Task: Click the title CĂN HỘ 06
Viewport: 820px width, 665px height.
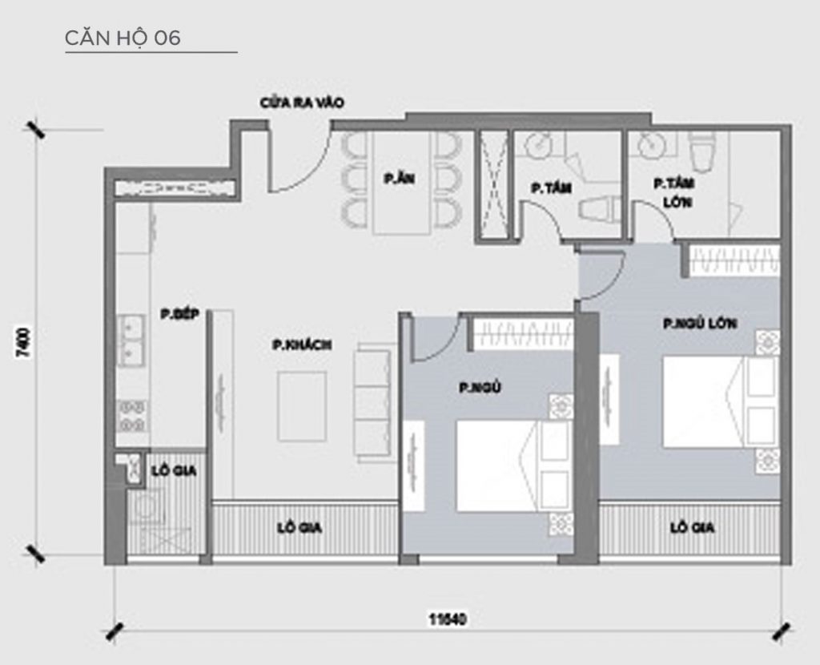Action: pos(123,38)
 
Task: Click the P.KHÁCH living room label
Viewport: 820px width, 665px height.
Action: pos(302,345)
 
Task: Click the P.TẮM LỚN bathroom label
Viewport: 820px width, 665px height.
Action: pos(671,193)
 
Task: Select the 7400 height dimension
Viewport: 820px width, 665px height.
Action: pos(23,342)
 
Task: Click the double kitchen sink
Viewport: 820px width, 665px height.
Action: pos(130,341)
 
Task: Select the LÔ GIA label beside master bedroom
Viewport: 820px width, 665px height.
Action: pos(693,529)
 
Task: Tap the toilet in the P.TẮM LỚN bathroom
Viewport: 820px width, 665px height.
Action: pos(703,150)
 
